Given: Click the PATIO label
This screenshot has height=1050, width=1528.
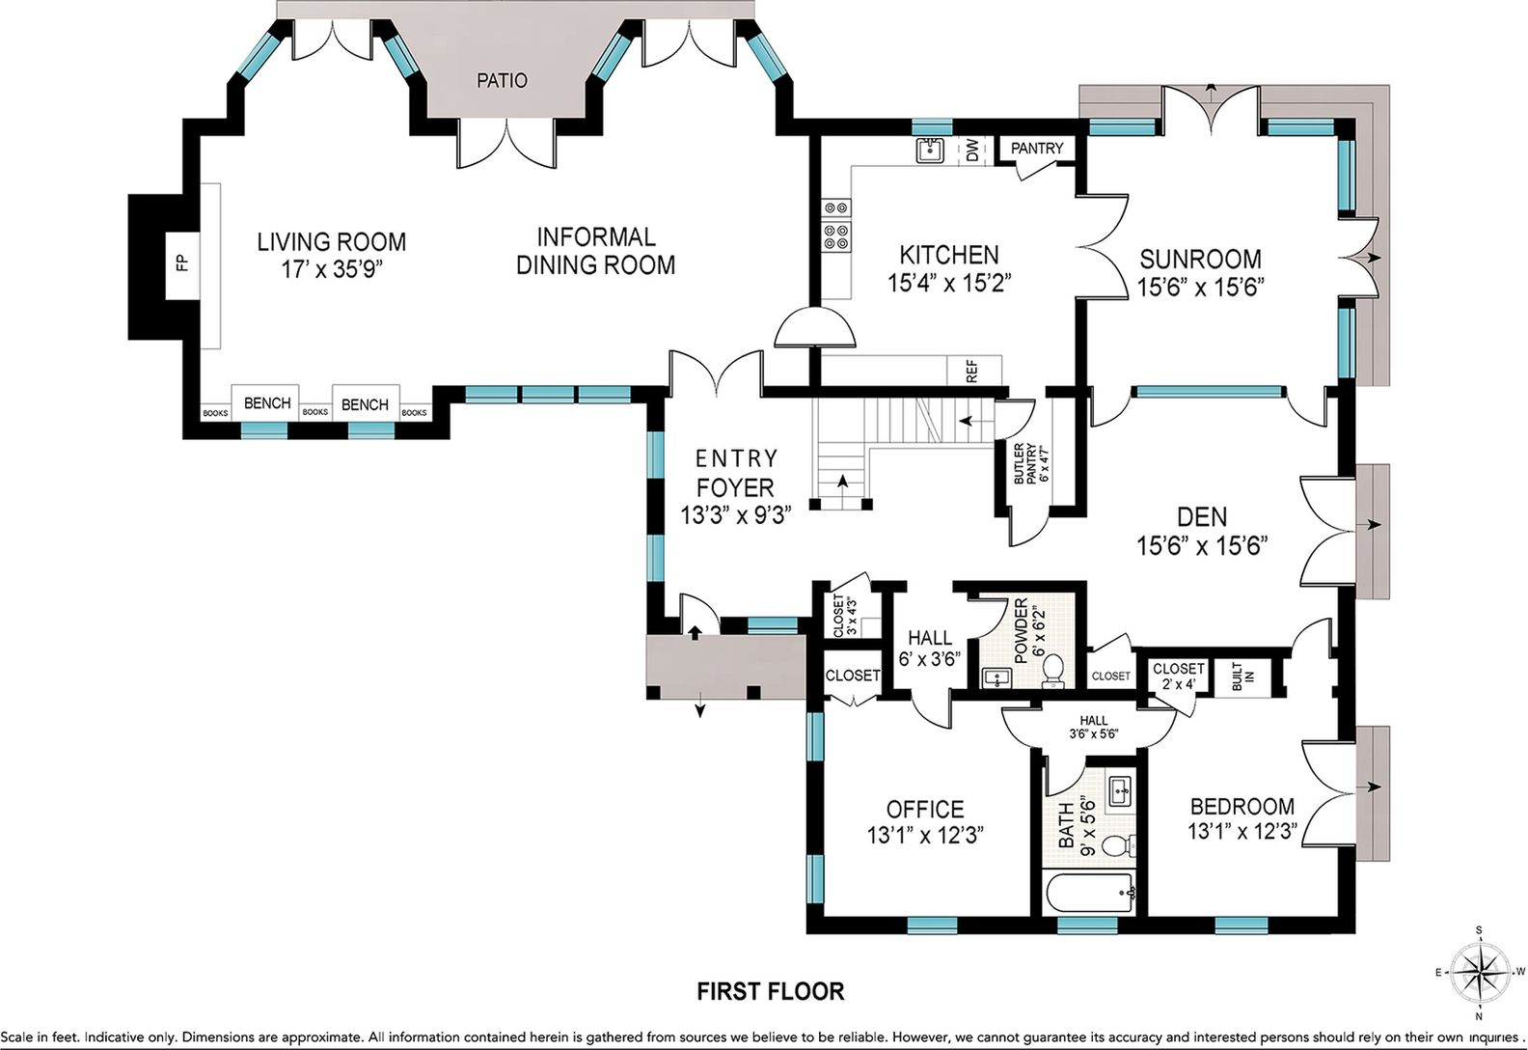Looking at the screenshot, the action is point(502,80).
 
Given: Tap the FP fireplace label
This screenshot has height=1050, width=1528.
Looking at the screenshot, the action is point(182,263).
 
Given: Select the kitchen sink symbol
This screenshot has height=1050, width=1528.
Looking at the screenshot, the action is point(929,151).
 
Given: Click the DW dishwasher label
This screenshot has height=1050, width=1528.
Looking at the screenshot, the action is point(972,151).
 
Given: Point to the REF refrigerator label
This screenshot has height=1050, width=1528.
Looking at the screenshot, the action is point(972,371).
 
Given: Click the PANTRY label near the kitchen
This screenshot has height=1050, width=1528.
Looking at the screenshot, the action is point(1037,148).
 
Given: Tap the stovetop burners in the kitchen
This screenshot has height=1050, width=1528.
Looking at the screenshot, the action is point(836,225).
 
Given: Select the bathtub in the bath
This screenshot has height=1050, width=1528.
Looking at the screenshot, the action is point(1089,892).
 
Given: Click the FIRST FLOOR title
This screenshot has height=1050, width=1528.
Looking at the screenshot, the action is point(770,991).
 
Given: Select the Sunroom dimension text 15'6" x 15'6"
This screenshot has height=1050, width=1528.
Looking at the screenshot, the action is point(1201,288).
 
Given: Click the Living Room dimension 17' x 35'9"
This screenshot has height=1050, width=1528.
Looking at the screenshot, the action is point(332,269).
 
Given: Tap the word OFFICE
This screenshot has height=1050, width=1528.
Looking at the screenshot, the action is point(925,809).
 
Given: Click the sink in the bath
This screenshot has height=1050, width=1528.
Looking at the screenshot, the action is point(1120,791).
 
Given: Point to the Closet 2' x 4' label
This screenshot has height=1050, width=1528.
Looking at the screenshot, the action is point(1178,676).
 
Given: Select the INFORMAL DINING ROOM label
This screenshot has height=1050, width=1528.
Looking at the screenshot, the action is point(595,251).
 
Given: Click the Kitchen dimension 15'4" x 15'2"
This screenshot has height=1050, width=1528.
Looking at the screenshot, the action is point(949,283).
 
